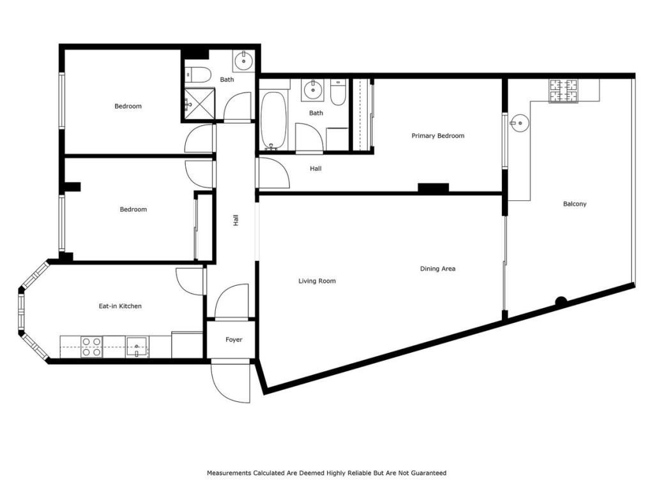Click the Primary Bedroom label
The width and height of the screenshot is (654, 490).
[x=437, y=136]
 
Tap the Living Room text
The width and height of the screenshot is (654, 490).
[x=317, y=281]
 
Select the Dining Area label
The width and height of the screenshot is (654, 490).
[x=437, y=269]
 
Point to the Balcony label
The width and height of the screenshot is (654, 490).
[x=574, y=204]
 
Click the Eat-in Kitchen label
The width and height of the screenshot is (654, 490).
[x=120, y=306]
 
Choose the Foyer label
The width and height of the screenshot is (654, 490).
[x=234, y=340]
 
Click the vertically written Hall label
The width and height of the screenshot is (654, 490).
[x=236, y=221]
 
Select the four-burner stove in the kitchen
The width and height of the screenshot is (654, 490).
[x=91, y=347]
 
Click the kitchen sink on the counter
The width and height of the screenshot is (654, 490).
[x=137, y=347]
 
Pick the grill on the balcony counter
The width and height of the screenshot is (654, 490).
[x=563, y=91]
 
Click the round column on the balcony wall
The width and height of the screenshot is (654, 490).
[x=561, y=302]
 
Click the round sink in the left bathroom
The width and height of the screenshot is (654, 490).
[x=243, y=61]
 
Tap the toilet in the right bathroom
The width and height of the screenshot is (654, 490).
[x=338, y=93]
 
